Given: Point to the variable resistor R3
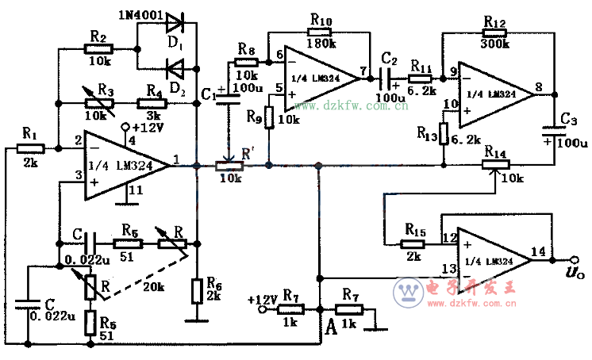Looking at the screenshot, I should [x=99, y=102].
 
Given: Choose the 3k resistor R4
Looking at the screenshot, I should [x=151, y=102].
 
